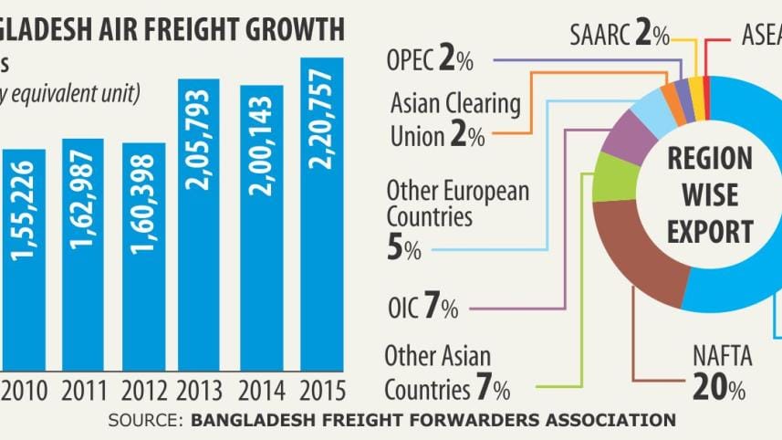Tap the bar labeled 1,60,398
pos(144,256)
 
